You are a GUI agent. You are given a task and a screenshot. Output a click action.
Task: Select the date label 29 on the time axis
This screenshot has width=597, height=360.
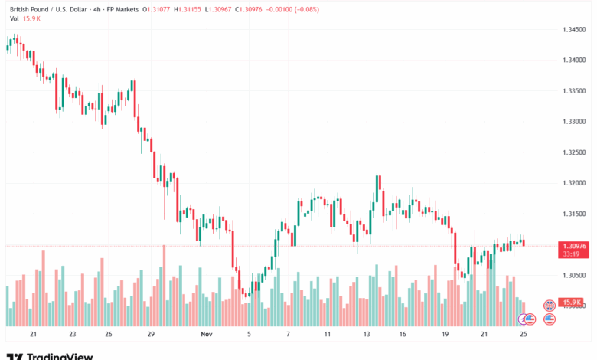152,335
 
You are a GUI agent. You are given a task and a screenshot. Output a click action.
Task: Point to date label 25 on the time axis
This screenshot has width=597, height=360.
524,335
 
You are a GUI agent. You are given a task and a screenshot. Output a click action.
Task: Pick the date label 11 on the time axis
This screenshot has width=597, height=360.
327,335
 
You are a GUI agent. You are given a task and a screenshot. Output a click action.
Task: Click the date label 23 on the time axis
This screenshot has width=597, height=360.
71,335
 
